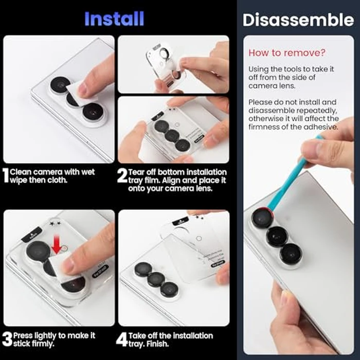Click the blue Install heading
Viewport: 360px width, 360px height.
(x=115, y=19)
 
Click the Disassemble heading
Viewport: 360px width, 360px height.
(x=298, y=20)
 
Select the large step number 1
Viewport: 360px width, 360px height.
(x=6, y=176)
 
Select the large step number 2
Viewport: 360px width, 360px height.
(x=122, y=176)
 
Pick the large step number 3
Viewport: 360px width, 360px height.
(x=7, y=339)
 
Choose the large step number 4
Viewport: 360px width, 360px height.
(x=122, y=339)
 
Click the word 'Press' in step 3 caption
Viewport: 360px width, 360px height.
(x=24, y=335)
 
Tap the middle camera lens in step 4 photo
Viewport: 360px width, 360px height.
(x=156, y=279)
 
